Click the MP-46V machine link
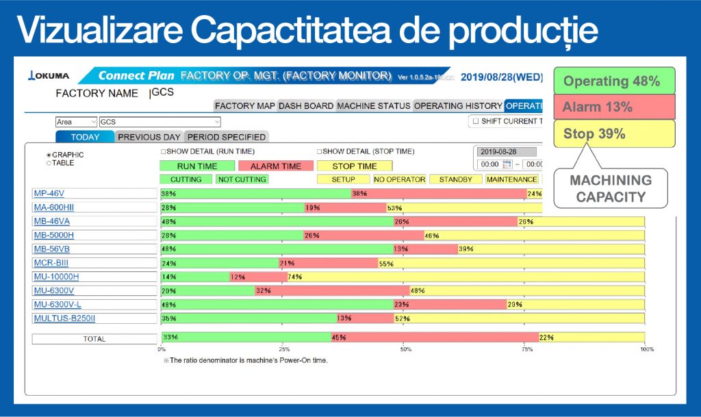point(49,194)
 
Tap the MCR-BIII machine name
point(51,263)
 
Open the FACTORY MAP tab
point(244,106)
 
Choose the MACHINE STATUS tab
point(374,106)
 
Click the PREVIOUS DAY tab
point(149,137)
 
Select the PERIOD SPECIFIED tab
point(226,137)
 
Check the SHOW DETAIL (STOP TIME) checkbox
point(320,151)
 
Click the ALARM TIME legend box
point(276,166)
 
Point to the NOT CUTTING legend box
point(242,179)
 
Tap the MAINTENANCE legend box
point(512,179)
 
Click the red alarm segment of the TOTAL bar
point(435,337)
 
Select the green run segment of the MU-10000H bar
point(195,277)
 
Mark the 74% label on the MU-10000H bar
point(295,277)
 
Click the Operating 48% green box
point(613,81)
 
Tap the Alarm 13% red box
point(613,107)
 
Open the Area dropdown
point(75,122)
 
